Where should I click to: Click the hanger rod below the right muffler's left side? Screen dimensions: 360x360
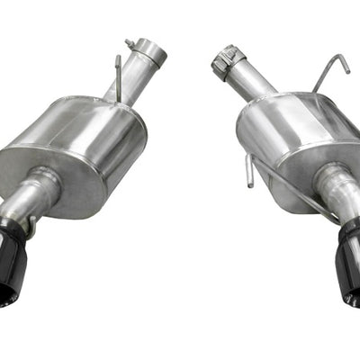[250, 171]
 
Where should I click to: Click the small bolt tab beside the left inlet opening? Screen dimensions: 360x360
[131, 43]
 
